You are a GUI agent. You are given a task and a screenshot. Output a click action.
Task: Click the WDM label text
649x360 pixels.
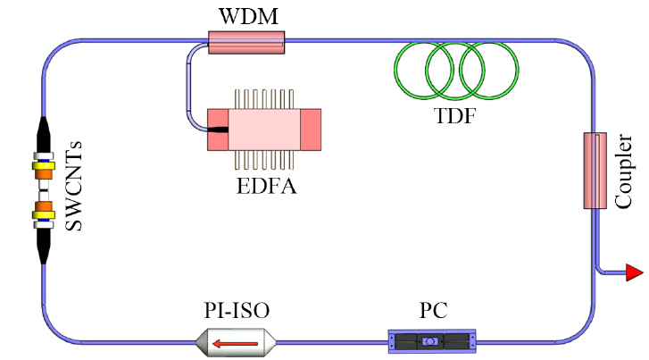(x=245, y=15)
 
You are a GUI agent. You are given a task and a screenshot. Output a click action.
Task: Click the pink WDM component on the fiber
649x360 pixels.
(x=245, y=41)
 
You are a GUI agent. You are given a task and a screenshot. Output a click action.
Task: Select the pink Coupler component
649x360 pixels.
(x=594, y=171)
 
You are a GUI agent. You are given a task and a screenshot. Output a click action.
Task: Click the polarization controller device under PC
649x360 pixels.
(x=432, y=340)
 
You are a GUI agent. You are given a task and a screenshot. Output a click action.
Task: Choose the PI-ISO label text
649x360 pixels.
(x=236, y=312)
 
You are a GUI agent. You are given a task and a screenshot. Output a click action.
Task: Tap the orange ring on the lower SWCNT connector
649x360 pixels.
(x=42, y=213)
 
